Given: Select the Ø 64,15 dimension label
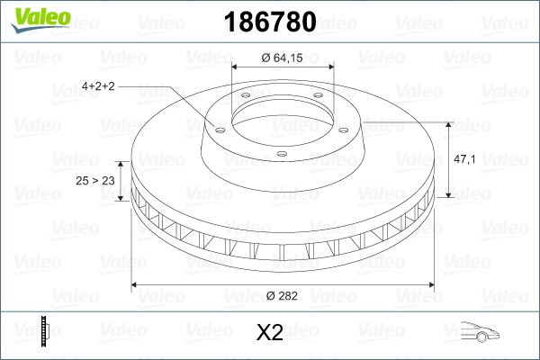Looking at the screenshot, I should (283, 58).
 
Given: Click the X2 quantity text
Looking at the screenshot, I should (270, 333).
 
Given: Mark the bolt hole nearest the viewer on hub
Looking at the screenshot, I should (281, 155).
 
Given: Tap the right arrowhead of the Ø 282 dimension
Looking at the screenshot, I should (428, 286).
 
